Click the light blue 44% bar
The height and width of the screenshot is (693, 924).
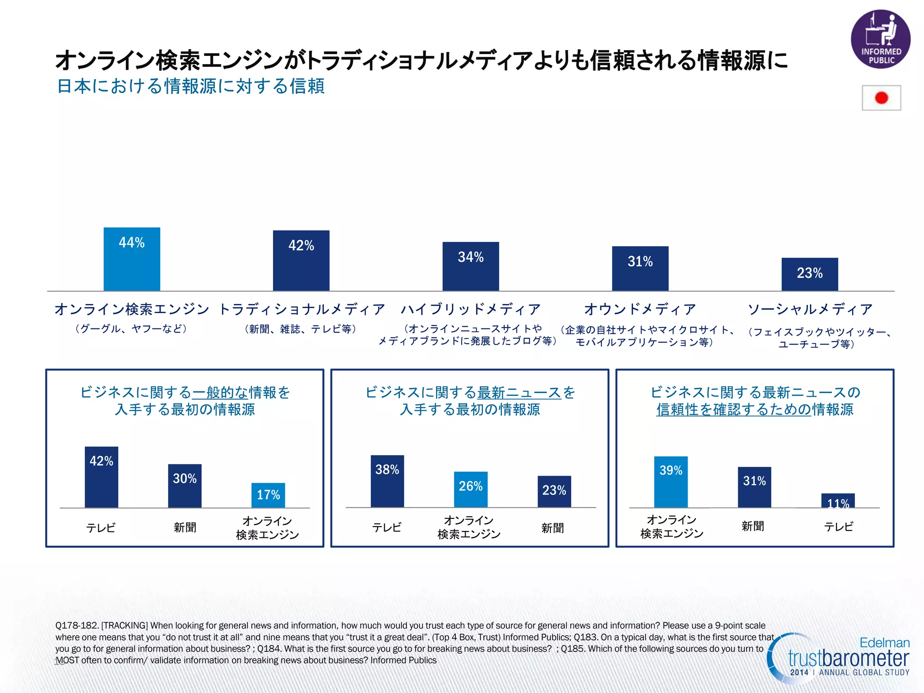pos(132,259)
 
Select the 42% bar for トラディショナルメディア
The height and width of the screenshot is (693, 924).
pos(301,260)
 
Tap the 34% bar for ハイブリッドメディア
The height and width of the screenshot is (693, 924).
pos(471,266)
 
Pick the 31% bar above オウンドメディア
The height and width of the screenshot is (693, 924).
pos(640,268)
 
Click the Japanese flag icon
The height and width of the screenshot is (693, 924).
pos(881,98)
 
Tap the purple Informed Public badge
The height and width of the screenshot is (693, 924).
pos(880,39)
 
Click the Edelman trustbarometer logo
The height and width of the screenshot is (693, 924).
pos(839,659)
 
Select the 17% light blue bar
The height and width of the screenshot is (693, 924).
pos(268,495)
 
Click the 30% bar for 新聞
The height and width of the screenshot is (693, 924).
pos(185,486)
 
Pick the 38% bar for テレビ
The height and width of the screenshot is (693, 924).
pos(387,481)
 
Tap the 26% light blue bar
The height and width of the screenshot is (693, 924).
pos(471,489)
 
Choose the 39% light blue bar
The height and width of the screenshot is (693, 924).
pos(671,481)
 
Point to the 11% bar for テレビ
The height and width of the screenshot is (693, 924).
pos(838,501)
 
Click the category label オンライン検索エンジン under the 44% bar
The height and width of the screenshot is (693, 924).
pos(132,309)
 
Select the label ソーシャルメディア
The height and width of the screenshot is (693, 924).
pos(810,309)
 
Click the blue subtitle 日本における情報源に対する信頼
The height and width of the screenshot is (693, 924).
pos(191,86)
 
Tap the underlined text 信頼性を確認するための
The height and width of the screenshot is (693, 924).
pos(734,410)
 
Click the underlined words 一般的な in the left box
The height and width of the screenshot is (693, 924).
pos(220,393)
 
